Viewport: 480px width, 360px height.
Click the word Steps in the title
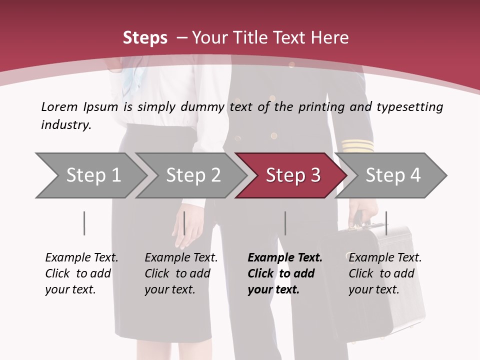click(145, 37)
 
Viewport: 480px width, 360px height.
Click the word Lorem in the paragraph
click(59, 106)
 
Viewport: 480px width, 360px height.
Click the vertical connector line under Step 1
click(84, 223)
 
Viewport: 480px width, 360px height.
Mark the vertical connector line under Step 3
click(285, 223)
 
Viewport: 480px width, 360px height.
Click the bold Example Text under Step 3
click(285, 258)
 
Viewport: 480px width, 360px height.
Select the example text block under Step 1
click(81, 273)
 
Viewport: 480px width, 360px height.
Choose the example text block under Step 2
click(181, 273)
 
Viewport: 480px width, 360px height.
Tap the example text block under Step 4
click(385, 273)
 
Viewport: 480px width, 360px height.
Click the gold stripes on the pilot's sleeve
click(358, 145)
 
